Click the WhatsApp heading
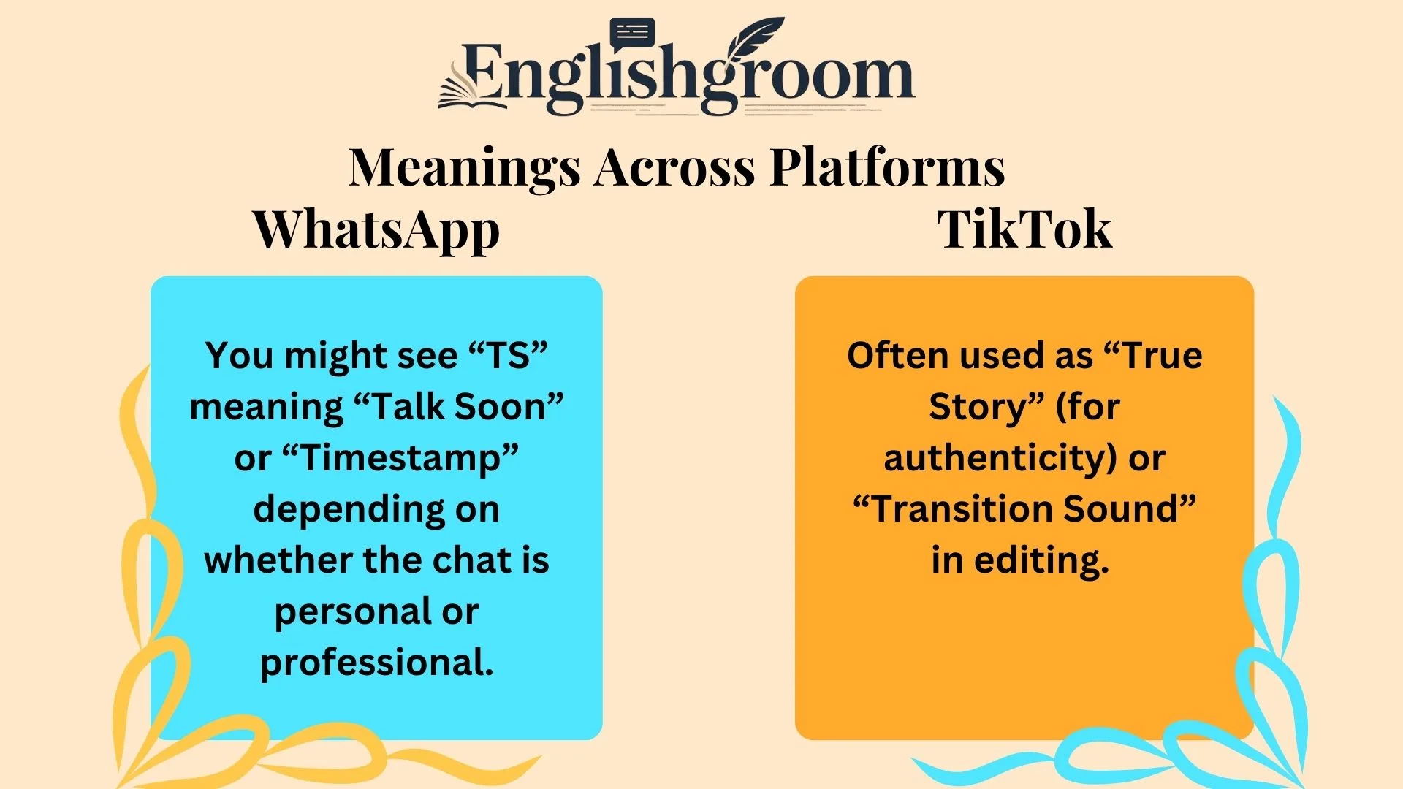tap(376, 229)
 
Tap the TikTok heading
tap(1024, 229)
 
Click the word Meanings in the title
tap(464, 168)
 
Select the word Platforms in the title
tap(887, 168)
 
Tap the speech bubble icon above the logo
tap(632, 34)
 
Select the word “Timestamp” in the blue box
tap(400, 459)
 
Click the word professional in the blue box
tap(376, 663)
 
